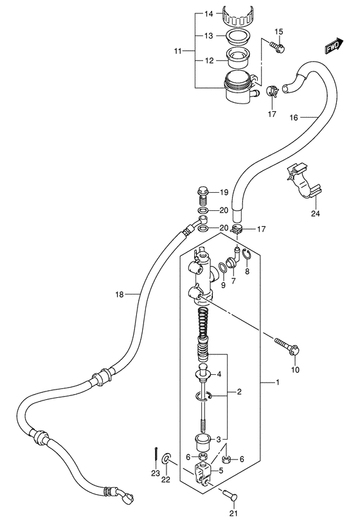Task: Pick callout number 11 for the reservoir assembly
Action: click(179, 50)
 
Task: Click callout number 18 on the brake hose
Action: click(119, 294)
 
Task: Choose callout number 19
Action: click(224, 192)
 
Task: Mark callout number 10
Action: click(296, 370)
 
